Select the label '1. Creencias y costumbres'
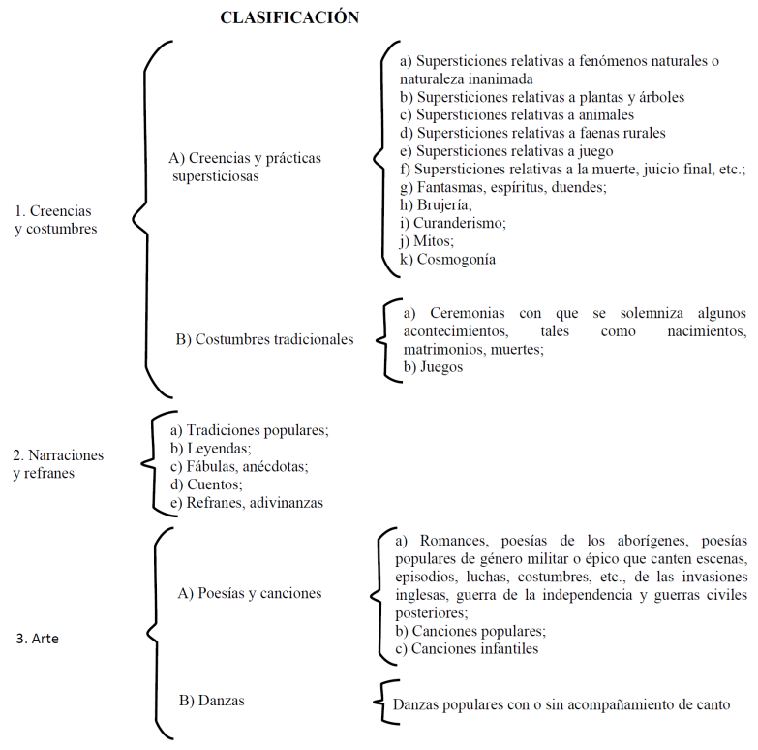[x=55, y=220]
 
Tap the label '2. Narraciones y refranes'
[x=58, y=464]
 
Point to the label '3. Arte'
[x=40, y=639]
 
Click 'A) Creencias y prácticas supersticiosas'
[x=244, y=167]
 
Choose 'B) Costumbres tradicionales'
[x=264, y=340]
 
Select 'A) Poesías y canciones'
[x=250, y=593]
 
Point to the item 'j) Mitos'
[x=427, y=241]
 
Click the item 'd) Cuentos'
[x=206, y=484]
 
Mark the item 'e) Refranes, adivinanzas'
[x=246, y=503]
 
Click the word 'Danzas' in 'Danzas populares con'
[x=418, y=705]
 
